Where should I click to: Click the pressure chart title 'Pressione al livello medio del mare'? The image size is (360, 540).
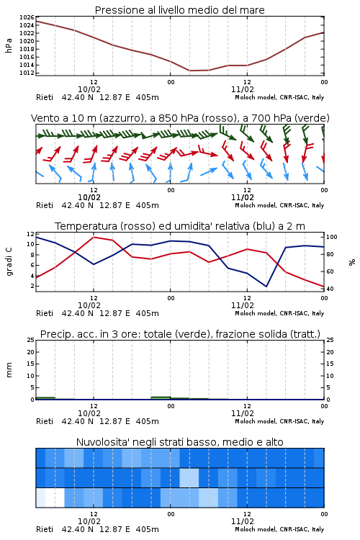tap(179, 10)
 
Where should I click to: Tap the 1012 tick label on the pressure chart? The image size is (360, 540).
tap(27, 73)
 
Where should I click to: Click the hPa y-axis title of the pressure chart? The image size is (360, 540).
tap(9, 45)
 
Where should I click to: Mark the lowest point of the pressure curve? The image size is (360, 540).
tap(190, 71)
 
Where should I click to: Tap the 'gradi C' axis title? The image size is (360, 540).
tap(9, 262)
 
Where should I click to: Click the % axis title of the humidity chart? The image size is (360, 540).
tap(352, 262)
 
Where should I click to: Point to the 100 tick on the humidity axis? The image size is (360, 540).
tap(331, 237)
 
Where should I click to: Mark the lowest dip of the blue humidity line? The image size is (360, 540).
tap(266, 286)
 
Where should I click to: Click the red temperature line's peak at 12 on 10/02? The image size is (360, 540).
tap(94, 237)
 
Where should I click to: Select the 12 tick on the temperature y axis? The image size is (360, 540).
tap(30, 234)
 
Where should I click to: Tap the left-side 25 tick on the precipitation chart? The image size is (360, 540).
tap(31, 340)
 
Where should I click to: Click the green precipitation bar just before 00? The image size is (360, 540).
tap(161, 398)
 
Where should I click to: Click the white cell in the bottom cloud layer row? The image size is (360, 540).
tap(55, 498)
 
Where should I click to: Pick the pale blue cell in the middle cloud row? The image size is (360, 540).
tap(189, 477)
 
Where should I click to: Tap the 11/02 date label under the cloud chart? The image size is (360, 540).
tap(242, 521)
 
